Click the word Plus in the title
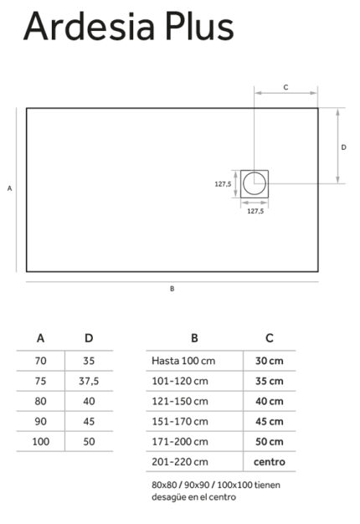[x=199, y=26]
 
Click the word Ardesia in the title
[x=90, y=26]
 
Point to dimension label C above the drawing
[x=285, y=87]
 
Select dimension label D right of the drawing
[x=343, y=147]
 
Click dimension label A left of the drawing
[x=10, y=188]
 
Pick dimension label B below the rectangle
[x=172, y=289]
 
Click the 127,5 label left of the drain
[x=223, y=184]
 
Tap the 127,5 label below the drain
[x=255, y=211]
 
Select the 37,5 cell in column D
[x=89, y=381]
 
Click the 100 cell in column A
[x=41, y=441]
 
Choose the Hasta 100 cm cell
[x=183, y=361]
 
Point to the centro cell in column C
[x=270, y=462]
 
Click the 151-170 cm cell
[x=180, y=421]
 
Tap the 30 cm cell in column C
[x=270, y=361]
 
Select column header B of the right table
[x=194, y=338]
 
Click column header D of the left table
[x=89, y=338]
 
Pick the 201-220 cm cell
[x=180, y=462]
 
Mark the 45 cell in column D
[x=89, y=421]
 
